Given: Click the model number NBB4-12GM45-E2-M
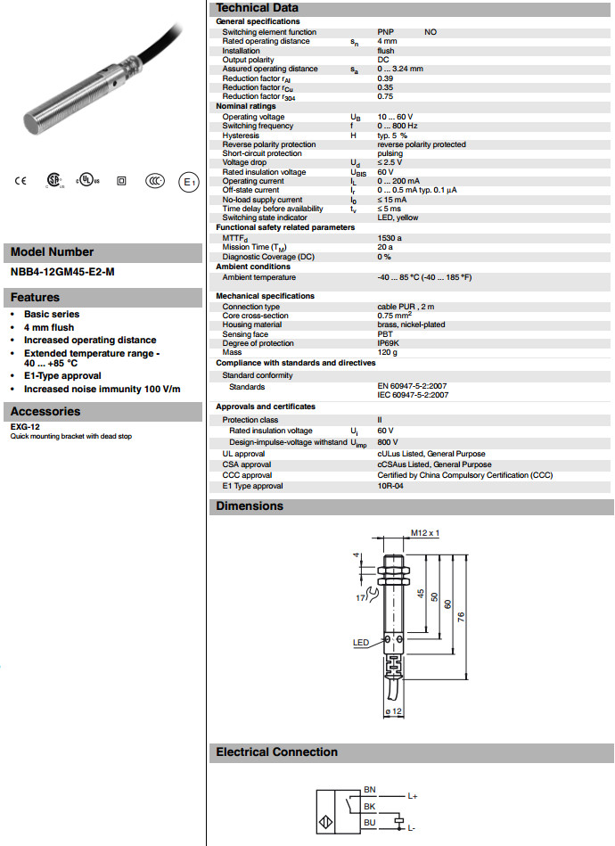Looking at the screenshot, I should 62,272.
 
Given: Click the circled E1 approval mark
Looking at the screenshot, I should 188,181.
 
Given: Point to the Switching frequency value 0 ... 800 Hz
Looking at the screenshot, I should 398,126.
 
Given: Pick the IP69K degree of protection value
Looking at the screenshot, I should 389,343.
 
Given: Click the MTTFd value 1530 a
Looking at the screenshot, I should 389,238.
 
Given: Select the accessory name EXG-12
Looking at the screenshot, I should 25,427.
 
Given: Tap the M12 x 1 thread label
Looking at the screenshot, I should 425,533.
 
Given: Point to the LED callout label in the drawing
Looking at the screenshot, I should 360,642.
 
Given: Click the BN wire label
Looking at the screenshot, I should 370,790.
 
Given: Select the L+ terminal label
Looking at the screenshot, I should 412,795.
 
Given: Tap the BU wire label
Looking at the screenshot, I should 370,823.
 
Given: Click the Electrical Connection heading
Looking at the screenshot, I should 276,752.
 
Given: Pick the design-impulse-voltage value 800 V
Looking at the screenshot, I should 388,441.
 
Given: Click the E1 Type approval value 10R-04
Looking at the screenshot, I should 390,486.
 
